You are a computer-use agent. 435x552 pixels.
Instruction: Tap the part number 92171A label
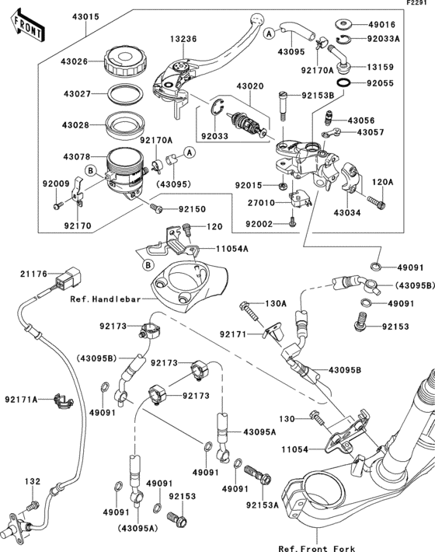click(x=24, y=400)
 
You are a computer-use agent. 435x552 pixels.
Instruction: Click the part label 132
click(x=30, y=483)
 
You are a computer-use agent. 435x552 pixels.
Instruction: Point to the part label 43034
click(x=350, y=212)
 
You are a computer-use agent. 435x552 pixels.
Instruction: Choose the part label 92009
click(x=56, y=184)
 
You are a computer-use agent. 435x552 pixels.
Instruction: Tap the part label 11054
click(x=295, y=449)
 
